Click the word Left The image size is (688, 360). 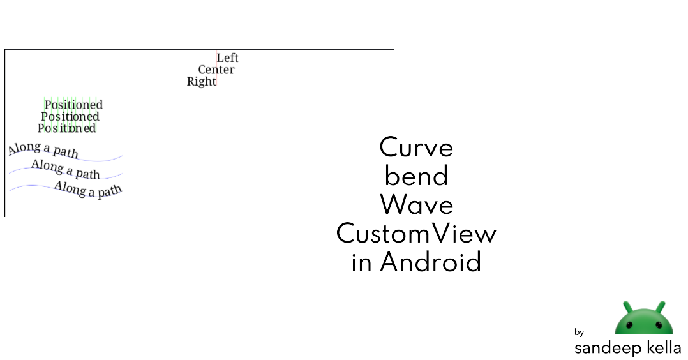[227, 58]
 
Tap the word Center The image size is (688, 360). [216, 70]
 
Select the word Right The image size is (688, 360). [201, 82]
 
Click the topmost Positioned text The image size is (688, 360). [73, 105]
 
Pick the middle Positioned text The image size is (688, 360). [70, 117]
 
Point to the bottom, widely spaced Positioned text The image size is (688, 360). [67, 128]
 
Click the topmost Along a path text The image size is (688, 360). [43, 150]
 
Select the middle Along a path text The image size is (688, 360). [66, 169]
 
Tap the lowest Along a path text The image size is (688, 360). [88, 189]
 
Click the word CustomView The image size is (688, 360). [416, 234]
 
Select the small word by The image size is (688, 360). [579, 333]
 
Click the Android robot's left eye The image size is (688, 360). [629, 324]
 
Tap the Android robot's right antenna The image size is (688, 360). [661, 306]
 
